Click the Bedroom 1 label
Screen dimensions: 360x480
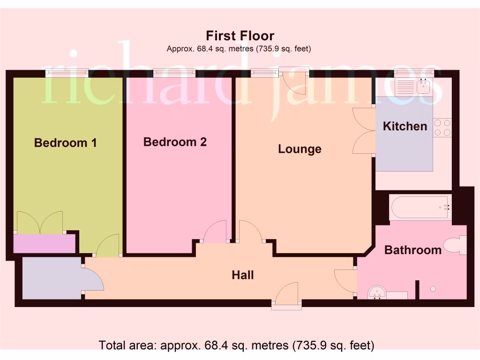(66, 143)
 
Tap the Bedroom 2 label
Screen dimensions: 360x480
(175, 142)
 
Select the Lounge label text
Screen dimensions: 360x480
(300, 149)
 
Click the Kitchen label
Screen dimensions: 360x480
(405, 126)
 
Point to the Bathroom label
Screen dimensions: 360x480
(412, 250)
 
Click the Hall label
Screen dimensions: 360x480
(243, 275)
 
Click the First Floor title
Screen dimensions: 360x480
(240, 36)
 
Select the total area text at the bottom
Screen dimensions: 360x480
(237, 345)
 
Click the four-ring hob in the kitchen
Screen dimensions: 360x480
(442, 127)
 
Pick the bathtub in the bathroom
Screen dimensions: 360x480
(420, 207)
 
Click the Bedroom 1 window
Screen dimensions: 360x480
(67, 73)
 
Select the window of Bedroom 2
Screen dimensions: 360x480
(174, 73)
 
